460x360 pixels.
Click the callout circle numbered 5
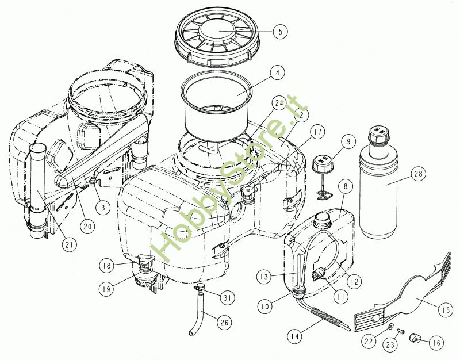(281, 32)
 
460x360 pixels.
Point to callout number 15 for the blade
(446, 310)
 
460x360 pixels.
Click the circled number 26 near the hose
(224, 323)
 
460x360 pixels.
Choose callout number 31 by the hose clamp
(227, 298)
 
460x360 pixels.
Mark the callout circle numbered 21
(69, 244)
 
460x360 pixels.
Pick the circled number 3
(103, 208)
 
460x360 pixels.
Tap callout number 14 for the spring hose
(295, 336)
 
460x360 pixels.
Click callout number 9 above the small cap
(348, 142)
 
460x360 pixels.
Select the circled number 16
(436, 342)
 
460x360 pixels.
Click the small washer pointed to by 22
(390, 326)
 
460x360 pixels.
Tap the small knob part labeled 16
(414, 338)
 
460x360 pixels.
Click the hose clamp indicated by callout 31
(199, 287)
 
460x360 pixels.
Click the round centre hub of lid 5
(217, 30)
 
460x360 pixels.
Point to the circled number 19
(106, 289)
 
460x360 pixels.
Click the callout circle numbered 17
(318, 132)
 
